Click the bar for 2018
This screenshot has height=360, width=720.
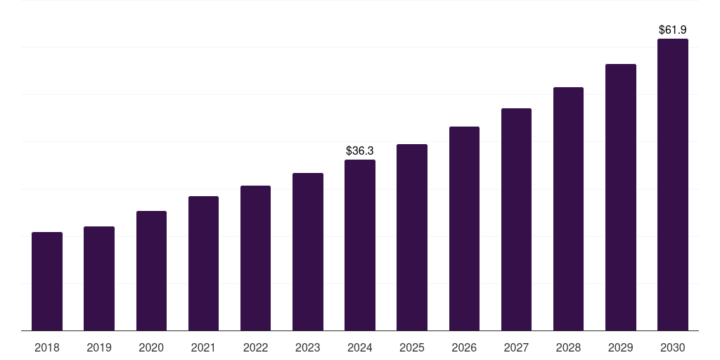point(47,281)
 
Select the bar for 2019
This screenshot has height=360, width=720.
point(99,278)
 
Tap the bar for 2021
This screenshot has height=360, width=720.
point(203,264)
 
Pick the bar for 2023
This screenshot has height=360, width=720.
point(308,252)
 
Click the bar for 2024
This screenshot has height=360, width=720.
point(360,245)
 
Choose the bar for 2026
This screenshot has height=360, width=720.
point(464,229)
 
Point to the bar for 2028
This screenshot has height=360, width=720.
point(568,209)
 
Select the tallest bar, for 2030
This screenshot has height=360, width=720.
point(673,185)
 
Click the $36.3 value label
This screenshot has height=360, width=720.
point(360,150)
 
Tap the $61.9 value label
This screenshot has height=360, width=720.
point(673,30)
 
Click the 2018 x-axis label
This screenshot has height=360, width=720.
point(47,347)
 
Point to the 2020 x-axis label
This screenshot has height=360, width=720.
point(151,347)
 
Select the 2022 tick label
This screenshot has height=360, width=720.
point(255,347)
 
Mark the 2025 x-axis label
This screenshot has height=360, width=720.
point(412,347)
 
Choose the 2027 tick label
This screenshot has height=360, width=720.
point(516,347)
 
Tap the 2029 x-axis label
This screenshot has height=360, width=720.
point(621,347)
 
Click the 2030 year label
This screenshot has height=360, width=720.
point(673,347)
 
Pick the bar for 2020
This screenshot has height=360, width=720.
point(151,271)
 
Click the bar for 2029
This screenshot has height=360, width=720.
point(621,198)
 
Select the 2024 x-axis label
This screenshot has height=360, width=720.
point(360,347)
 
